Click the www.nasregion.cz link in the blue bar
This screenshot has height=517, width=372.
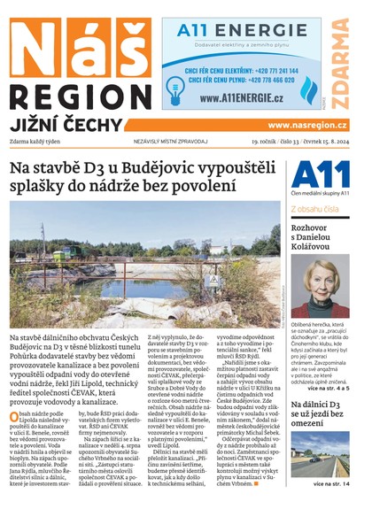307,126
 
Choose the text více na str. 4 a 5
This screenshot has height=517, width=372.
329,363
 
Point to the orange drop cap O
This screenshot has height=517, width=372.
15,415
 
